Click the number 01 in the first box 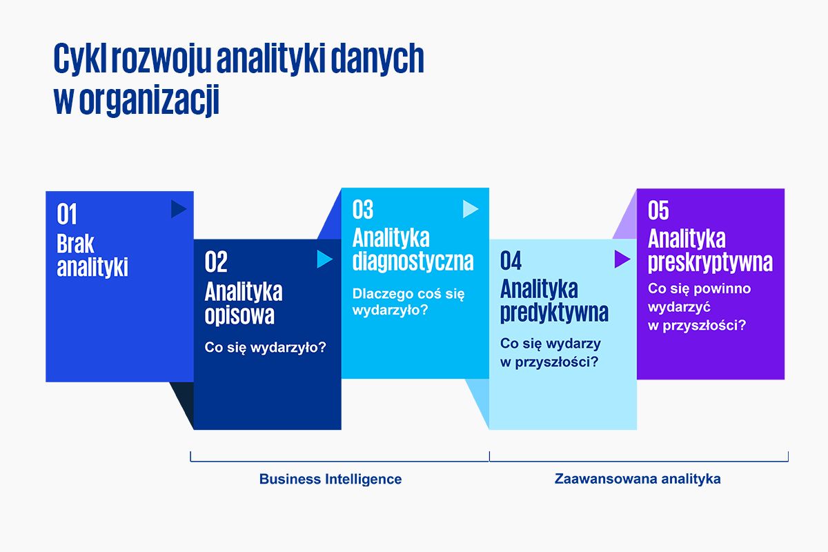66,214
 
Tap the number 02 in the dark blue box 216,262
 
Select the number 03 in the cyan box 363,209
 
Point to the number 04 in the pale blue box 511,260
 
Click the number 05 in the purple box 658,210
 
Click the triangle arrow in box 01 179,209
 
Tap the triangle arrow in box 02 324,259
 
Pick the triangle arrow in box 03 471,209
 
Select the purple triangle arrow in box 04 622,259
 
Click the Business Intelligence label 331,479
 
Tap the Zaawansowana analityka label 638,479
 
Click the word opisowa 239,315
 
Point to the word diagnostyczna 413,261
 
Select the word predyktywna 554,313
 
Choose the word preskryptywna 710,262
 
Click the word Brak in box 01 75,244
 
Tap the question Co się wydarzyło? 266,348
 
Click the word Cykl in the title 77,59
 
